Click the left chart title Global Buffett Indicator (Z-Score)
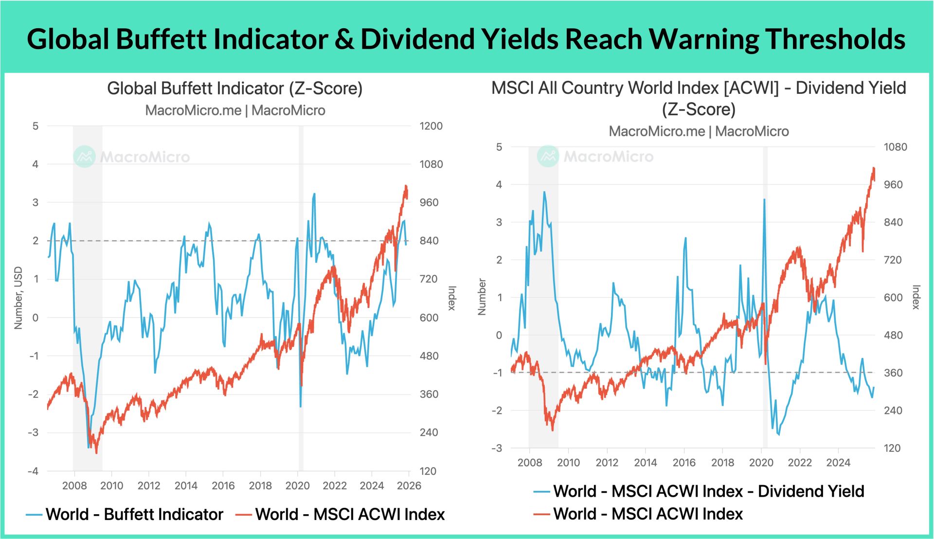pyautogui.click(x=235, y=89)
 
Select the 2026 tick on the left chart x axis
pyautogui.click(x=409, y=485)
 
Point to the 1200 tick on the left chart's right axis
pyautogui.click(x=431, y=126)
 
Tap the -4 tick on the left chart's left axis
pyautogui.click(x=33, y=471)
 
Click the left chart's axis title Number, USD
pyautogui.click(x=18, y=298)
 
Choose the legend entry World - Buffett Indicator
pyautogui.click(x=134, y=514)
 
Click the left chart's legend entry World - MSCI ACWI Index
pyautogui.click(x=349, y=514)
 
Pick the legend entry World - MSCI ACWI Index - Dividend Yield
pyautogui.click(x=708, y=491)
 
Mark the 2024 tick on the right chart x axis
pyautogui.click(x=838, y=462)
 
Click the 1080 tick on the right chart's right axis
pyautogui.click(x=895, y=147)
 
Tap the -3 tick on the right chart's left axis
pyautogui.click(x=497, y=448)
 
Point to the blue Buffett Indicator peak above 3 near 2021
pyautogui.click(x=314, y=194)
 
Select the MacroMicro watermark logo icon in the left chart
pyautogui.click(x=85, y=157)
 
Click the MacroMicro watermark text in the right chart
pyautogui.click(x=608, y=157)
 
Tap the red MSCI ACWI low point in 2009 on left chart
pyautogui.click(x=96, y=452)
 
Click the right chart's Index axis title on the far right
pyautogui.click(x=916, y=297)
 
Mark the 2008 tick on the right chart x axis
pyautogui.click(x=529, y=462)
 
